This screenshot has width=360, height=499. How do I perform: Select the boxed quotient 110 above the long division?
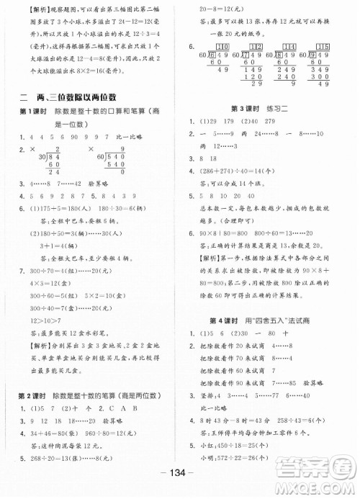point(222,48)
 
